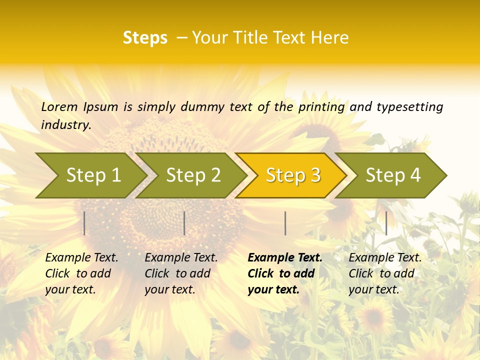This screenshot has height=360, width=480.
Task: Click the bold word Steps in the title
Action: [145, 38]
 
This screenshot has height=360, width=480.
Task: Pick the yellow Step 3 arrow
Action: [293, 175]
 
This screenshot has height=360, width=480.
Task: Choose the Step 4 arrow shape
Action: [393, 175]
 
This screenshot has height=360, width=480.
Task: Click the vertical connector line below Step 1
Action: [84, 223]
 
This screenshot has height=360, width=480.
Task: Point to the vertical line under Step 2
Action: [184, 223]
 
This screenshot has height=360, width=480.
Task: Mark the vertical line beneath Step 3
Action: [285, 223]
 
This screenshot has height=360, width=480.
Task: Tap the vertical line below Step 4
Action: [386, 223]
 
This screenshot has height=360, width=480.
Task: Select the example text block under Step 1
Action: [81, 273]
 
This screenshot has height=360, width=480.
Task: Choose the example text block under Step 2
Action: [181, 273]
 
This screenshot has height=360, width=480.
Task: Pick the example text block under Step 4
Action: [385, 273]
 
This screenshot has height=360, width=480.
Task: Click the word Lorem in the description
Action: [59, 106]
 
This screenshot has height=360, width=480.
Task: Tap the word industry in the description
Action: [66, 125]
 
